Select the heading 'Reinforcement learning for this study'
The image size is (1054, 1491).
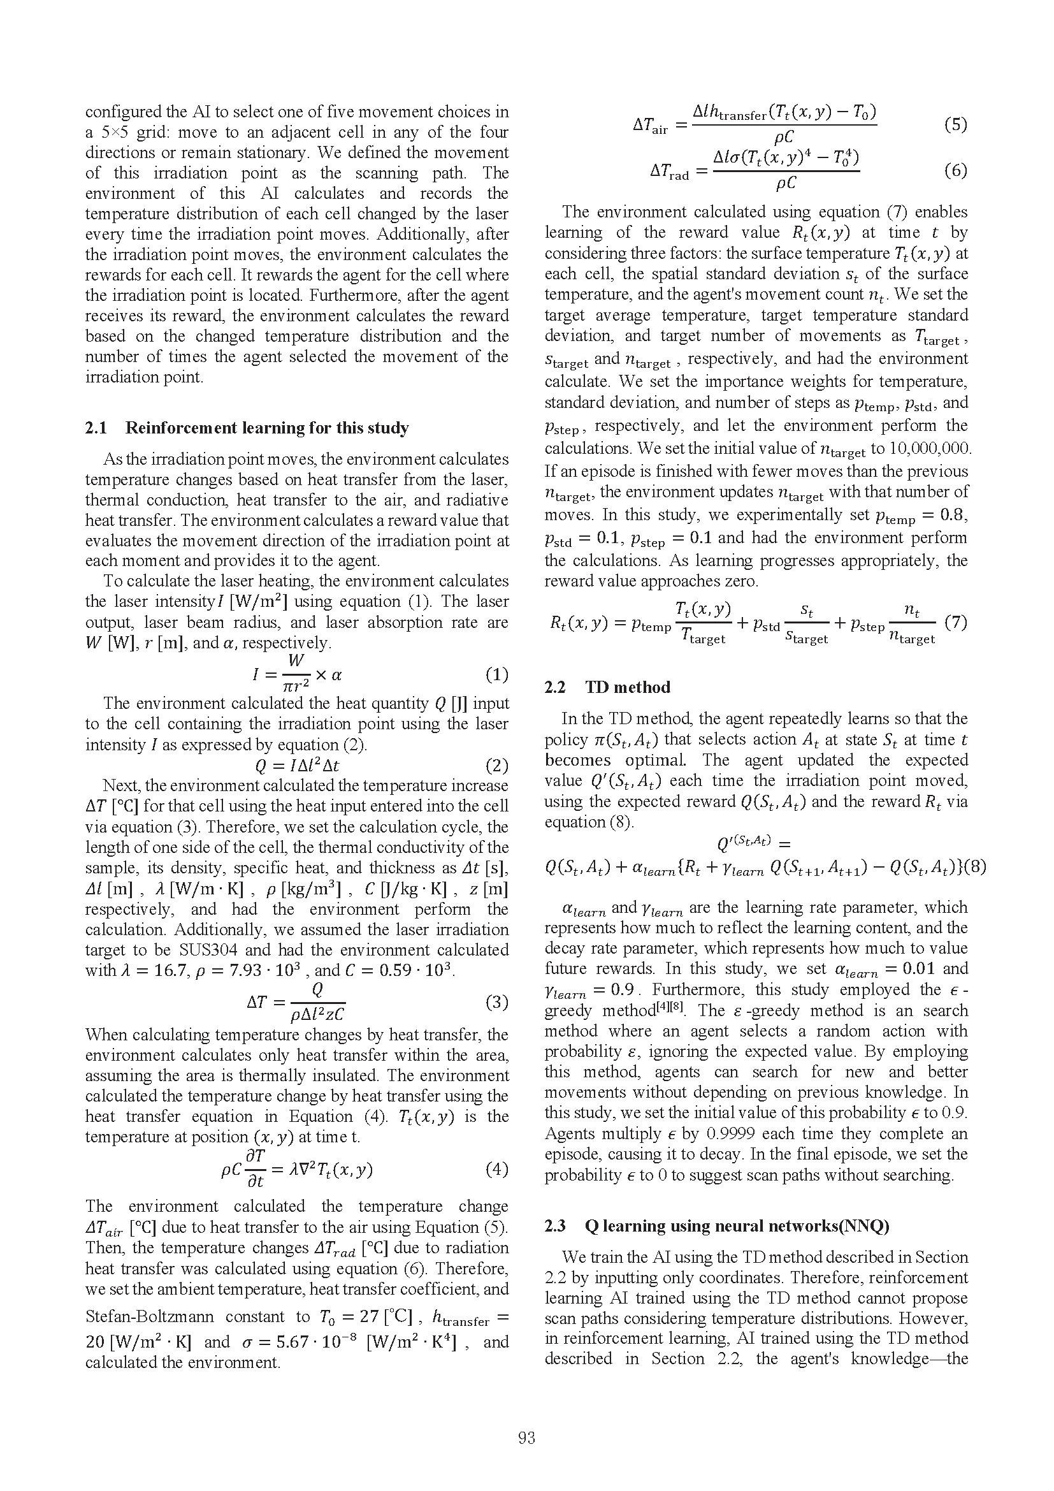point(267,428)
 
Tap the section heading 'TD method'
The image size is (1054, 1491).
point(628,687)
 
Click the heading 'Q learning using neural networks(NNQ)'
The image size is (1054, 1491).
point(737,1225)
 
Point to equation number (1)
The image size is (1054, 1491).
point(496,674)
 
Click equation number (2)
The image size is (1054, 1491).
point(496,766)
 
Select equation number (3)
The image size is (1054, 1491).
point(496,1002)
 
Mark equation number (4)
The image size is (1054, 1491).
point(496,1170)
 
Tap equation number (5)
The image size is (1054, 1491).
point(955,124)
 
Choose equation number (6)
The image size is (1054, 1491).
point(955,171)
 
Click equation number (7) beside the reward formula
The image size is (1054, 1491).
point(955,623)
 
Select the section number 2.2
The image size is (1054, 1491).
point(555,687)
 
